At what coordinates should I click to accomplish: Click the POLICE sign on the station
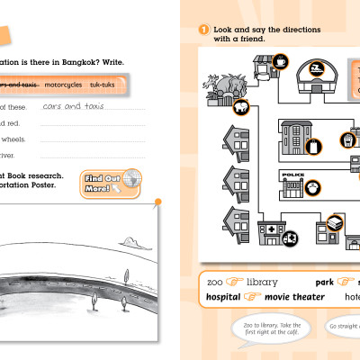pos(294,175)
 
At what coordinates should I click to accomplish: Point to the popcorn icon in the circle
pos(347,140)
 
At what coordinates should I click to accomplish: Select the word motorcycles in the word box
pos(87,85)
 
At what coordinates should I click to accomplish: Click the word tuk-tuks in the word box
pos(126,85)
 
